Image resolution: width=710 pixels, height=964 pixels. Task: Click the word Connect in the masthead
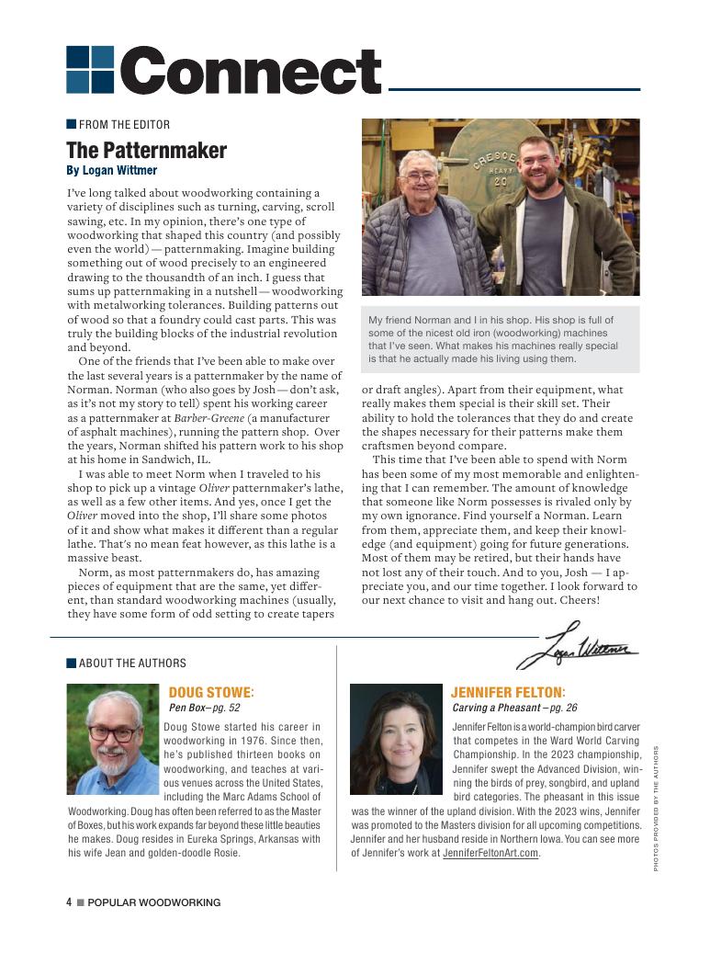pos(250,71)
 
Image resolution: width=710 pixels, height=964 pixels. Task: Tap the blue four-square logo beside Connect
pos(90,70)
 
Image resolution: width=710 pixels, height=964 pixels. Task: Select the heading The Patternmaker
pos(146,150)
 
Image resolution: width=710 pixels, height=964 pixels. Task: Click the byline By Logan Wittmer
pos(111,171)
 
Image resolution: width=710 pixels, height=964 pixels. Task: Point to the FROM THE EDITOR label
pos(124,125)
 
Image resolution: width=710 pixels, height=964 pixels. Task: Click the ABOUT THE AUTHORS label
pos(132,663)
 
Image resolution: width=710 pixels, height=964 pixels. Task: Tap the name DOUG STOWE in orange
pos(211,692)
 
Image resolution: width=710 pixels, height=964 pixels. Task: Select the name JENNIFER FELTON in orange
pos(508,692)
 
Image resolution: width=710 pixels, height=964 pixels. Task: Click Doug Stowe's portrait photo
pos(113,738)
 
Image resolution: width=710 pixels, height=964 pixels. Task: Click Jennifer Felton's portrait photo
pos(397,738)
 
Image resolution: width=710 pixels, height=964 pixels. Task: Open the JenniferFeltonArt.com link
pos(490,853)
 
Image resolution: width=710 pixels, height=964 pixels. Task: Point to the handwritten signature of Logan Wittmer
pos(578,648)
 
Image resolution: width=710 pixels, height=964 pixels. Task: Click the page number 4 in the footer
pos(69,902)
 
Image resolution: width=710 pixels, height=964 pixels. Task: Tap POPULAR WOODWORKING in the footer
pos(153,902)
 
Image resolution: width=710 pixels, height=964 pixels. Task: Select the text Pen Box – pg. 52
pos(204,709)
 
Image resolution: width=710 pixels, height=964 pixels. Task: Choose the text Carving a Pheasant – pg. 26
pos(514,709)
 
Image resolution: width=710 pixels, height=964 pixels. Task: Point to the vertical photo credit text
pos(657,808)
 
